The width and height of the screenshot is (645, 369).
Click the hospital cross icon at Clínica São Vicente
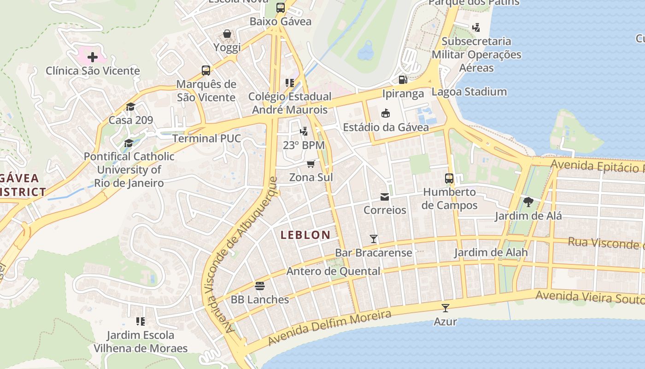[x=93, y=57]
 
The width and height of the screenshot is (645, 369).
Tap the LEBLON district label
[x=305, y=235]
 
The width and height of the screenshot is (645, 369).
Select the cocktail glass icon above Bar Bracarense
[x=374, y=239]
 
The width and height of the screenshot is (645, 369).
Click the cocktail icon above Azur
[x=446, y=308]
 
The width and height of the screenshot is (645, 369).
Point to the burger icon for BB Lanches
[x=260, y=286]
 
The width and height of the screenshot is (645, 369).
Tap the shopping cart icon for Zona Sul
[x=311, y=164]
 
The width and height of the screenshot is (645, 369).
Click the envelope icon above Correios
[x=385, y=197]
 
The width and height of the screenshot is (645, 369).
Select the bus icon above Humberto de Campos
[x=449, y=178]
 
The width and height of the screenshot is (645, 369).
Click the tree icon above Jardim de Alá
[x=528, y=202]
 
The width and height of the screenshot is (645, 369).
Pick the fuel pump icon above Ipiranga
[x=403, y=80]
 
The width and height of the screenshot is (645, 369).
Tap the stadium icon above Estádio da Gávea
[x=386, y=113]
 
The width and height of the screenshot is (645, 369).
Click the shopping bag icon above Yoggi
[x=227, y=34]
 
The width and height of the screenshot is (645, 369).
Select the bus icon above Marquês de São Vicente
[x=206, y=71]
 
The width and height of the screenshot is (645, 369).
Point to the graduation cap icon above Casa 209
[x=130, y=107]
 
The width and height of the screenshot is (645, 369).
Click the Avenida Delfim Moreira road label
[x=329, y=328]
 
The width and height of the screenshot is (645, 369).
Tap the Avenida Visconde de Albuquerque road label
[x=242, y=254]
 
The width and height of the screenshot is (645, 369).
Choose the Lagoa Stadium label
[x=469, y=92]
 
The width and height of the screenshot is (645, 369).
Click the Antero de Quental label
[x=334, y=271]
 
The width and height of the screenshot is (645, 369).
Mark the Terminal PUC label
[x=206, y=138]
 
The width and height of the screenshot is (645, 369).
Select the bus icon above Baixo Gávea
[x=281, y=8]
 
